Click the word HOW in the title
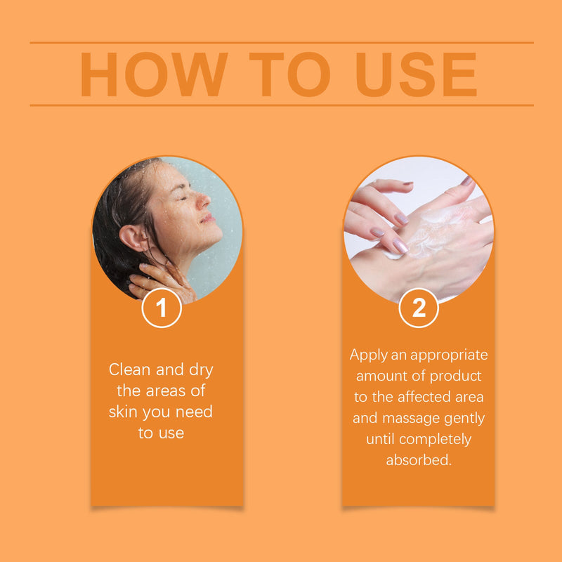click(154, 74)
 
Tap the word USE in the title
click(416, 74)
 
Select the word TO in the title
click(289, 74)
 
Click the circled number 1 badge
click(162, 308)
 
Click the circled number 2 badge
click(419, 308)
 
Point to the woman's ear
click(132, 237)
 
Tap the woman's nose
click(203, 202)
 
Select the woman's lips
click(207, 218)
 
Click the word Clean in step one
click(130, 370)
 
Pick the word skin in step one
click(124, 412)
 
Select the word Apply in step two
click(368, 355)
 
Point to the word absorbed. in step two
click(419, 460)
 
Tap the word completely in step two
click(435, 440)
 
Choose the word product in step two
click(455, 377)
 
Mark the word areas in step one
click(165, 391)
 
